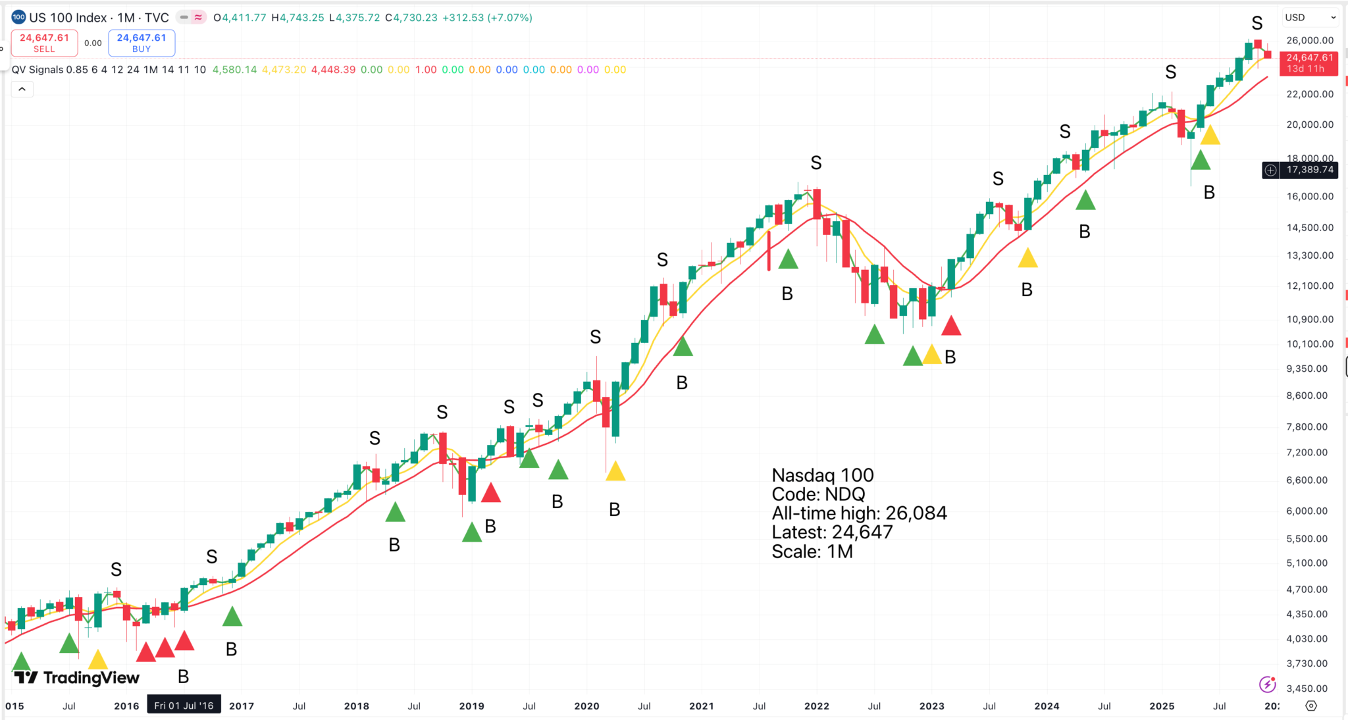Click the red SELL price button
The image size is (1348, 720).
coord(44,43)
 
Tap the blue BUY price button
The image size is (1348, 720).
coord(142,43)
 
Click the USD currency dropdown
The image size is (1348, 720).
coord(1310,18)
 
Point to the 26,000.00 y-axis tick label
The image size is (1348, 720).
coord(1310,41)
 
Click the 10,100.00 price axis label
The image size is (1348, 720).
coord(1310,344)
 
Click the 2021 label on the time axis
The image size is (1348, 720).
coord(701,706)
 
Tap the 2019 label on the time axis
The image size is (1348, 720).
coord(471,706)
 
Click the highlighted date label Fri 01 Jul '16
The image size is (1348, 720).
coord(184,706)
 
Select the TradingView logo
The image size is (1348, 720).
coord(76,677)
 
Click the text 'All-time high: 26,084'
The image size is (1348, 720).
coord(859,513)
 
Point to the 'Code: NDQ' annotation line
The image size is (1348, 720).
coord(818,494)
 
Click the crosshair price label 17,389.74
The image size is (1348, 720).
coord(1309,170)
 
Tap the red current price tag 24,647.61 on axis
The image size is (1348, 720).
coord(1309,63)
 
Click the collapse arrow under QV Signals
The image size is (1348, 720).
coord(22,90)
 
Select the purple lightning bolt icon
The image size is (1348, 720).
coord(1267,684)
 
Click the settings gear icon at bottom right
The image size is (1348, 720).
coord(1311,706)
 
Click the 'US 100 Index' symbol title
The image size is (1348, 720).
coord(67,18)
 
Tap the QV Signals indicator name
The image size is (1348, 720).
coord(38,70)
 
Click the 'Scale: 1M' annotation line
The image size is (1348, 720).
coord(812,552)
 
